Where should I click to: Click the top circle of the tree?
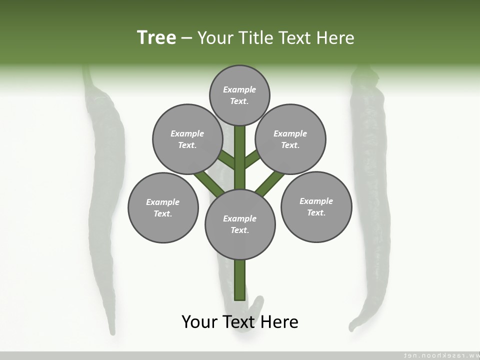(x=239, y=95)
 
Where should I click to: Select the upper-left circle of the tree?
(x=187, y=139)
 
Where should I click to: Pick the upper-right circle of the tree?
(x=290, y=139)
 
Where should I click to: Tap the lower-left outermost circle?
(x=163, y=207)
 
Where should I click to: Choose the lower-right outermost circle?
(x=316, y=206)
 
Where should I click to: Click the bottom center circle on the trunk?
(x=240, y=224)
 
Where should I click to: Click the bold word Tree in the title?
(x=156, y=37)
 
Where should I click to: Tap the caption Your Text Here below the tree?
(x=240, y=321)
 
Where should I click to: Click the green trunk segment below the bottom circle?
(x=240, y=280)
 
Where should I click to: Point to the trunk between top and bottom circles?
(x=240, y=160)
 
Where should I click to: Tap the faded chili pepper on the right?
(x=370, y=200)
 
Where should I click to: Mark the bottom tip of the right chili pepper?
(x=352, y=327)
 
